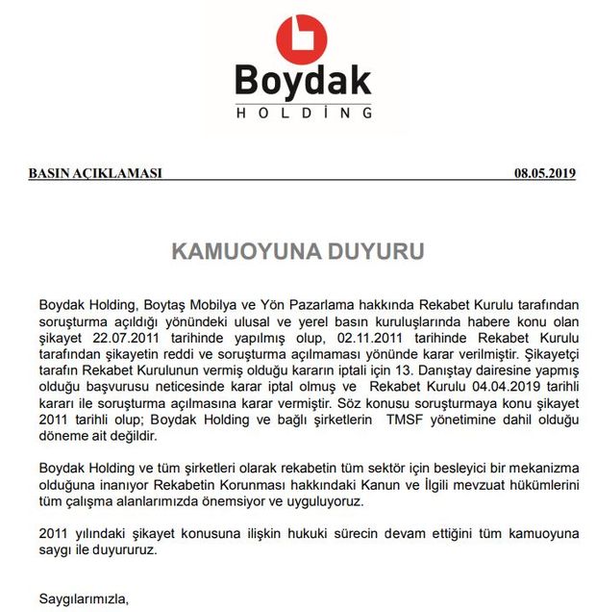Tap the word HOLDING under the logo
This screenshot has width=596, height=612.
click(x=303, y=114)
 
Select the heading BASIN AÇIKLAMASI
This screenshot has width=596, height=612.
click(x=95, y=174)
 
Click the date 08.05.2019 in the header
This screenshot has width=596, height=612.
click(x=544, y=174)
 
